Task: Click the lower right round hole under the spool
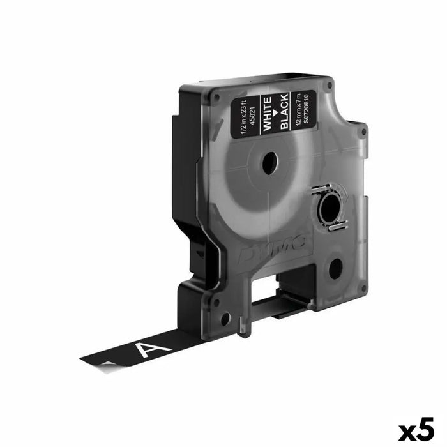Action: pos(335,269)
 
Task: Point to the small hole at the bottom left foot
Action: pos(225,317)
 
